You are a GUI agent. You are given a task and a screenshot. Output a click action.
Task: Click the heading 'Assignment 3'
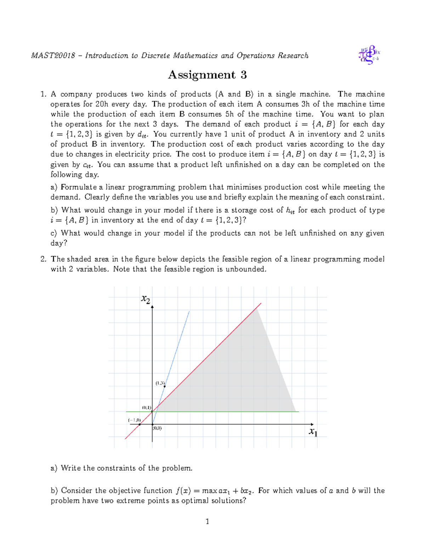[207, 75]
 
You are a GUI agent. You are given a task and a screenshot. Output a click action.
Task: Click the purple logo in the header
[369, 55]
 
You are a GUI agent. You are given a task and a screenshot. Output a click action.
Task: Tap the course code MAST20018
[53, 56]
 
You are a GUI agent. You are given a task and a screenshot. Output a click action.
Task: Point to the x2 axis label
[146, 299]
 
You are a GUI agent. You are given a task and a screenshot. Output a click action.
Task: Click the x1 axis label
[313, 432]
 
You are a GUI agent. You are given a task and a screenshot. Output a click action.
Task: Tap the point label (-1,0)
[135, 420]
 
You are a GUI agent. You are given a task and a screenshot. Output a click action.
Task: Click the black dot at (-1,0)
[140, 424]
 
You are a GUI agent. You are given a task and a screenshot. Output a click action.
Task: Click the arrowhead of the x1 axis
[312, 424]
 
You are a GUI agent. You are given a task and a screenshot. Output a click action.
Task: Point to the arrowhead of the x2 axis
[152, 307]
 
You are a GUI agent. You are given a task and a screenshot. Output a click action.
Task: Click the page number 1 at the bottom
[208, 521]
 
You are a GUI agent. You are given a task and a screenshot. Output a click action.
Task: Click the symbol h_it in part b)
[290, 210]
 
